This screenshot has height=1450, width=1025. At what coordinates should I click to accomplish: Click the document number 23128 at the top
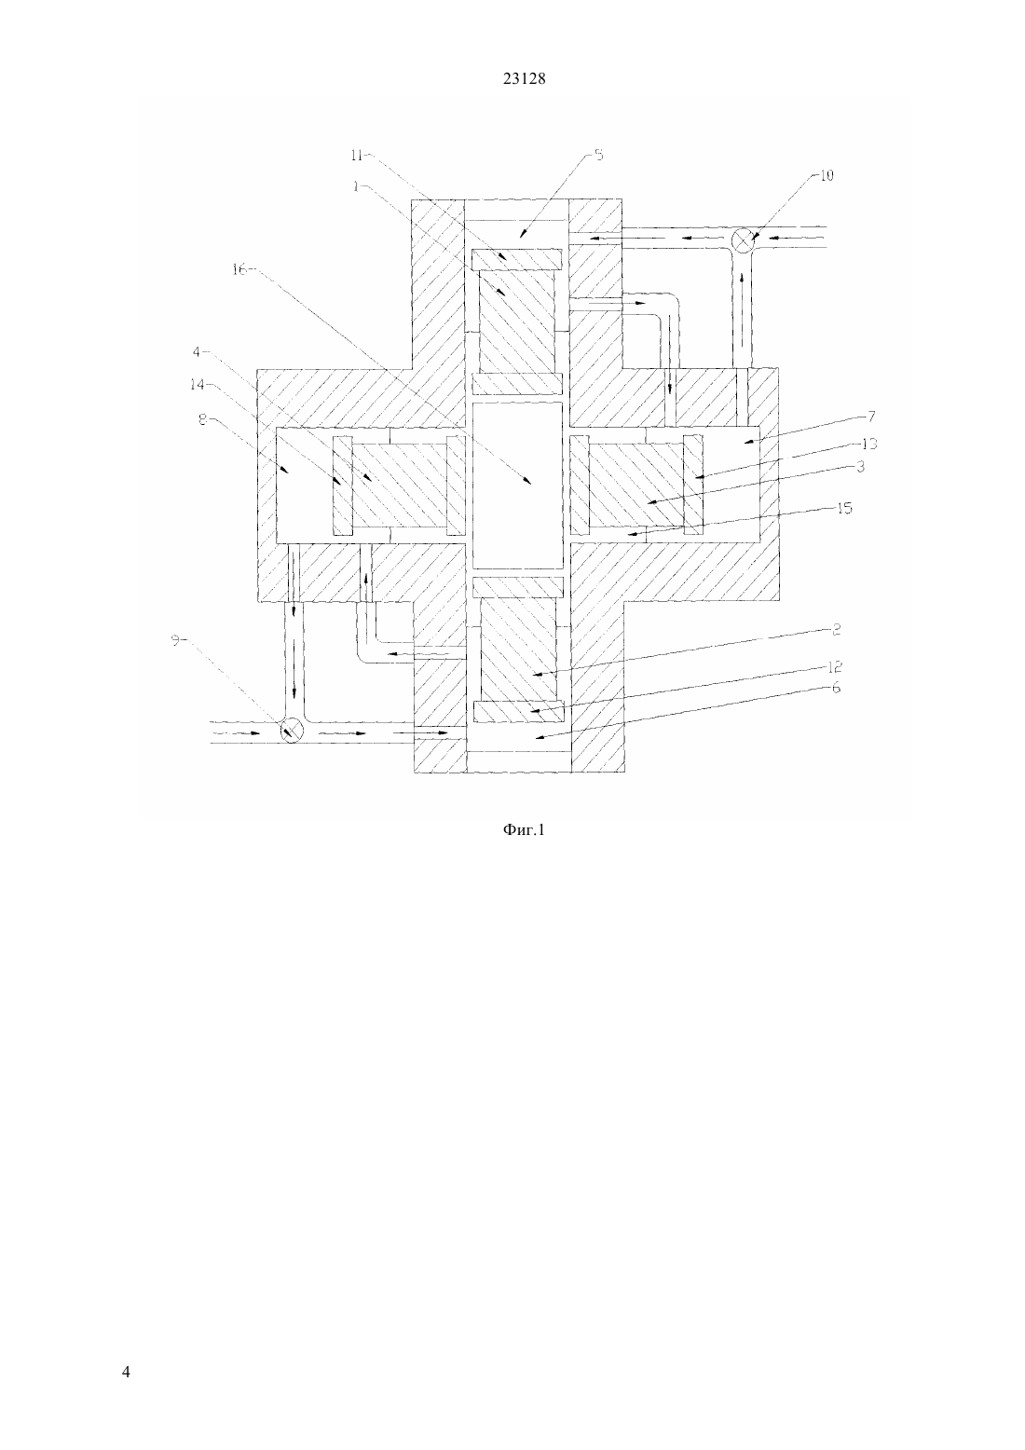(524, 79)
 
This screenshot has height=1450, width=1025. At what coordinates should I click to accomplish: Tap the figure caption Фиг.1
(524, 830)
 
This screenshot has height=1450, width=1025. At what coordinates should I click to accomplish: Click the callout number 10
(827, 175)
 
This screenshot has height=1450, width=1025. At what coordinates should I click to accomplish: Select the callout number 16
(239, 269)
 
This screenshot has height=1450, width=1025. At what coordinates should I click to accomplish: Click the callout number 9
(175, 640)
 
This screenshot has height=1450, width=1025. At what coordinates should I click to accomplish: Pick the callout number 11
(357, 156)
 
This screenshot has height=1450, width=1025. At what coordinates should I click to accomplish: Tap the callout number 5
(598, 155)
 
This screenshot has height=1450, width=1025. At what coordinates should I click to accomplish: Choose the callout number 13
(869, 444)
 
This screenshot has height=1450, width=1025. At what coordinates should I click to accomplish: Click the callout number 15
(844, 508)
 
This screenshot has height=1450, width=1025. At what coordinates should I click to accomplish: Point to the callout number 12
(834, 667)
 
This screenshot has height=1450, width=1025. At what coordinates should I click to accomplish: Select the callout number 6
(836, 688)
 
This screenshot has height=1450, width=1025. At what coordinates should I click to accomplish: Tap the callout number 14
(197, 385)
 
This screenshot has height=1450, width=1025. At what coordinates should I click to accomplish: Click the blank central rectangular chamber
(518, 486)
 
